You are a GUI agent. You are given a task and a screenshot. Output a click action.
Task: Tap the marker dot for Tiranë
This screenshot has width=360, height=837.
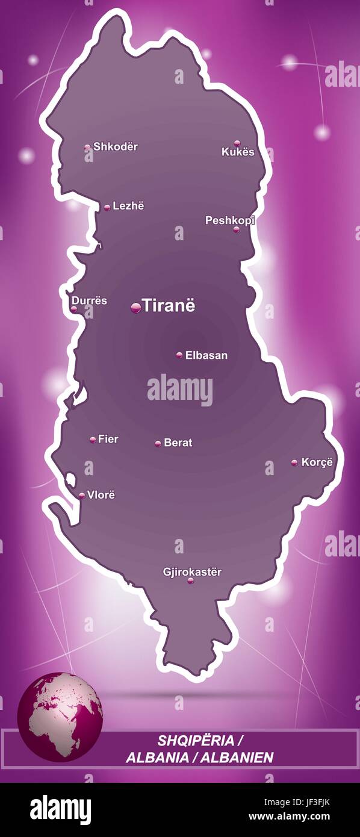coord(135,308)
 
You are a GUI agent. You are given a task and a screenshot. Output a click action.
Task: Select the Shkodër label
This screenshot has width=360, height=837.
coord(115,146)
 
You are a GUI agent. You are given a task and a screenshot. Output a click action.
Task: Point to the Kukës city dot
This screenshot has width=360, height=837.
coord(237,143)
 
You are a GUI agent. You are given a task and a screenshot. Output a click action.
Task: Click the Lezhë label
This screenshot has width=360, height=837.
coord(128,206)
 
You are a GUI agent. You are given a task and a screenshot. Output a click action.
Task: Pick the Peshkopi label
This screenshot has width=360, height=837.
coord(229,220)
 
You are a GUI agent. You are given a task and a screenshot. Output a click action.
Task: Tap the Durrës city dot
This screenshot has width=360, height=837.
coord(74,309)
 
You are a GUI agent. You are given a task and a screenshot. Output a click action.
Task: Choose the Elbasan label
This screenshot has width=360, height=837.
coord(206,355)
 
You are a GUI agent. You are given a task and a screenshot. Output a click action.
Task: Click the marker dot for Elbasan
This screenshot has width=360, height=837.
coord(179,355)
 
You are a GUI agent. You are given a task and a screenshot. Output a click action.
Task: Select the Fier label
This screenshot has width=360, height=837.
coord(108,439)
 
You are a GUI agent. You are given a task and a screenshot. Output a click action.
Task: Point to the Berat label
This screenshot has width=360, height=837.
coord(178,443)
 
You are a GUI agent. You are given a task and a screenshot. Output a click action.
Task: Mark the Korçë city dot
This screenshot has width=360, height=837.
coord(294,462)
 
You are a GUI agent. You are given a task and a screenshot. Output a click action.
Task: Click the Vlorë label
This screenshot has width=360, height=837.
coord(101,495)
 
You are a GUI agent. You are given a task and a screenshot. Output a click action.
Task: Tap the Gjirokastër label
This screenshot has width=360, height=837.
coord(192,571)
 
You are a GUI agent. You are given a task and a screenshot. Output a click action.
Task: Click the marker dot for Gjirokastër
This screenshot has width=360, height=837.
coord(190,580)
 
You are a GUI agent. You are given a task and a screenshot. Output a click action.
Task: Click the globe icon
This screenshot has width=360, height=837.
coord(60,717)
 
